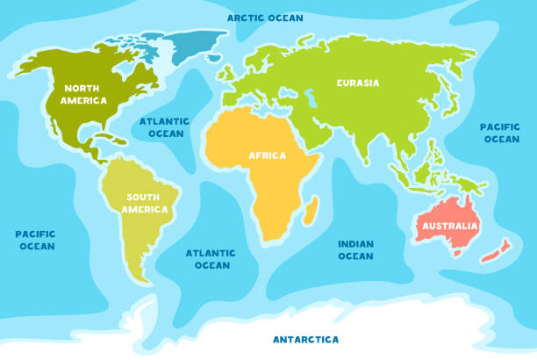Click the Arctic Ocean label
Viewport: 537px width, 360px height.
click(265, 18)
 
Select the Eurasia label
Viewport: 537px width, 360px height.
click(358, 83)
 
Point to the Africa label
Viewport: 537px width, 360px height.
click(268, 155)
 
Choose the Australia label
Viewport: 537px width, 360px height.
click(450, 227)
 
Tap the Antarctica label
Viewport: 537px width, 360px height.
click(305, 339)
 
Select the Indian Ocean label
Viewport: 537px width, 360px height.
click(355, 249)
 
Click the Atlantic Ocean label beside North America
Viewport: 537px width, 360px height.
click(166, 127)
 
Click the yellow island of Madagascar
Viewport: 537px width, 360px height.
click(311, 208)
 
